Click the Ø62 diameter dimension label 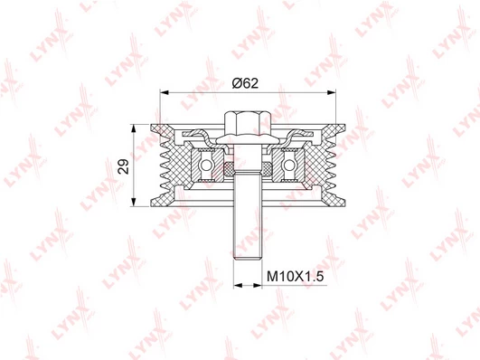pos(245,82)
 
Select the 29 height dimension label pos(124,166)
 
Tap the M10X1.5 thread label pos(295,277)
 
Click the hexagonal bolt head pos(248,124)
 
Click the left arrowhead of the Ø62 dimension pos(165,92)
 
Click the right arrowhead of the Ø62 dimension pos(331,92)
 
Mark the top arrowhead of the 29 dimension pos(134,128)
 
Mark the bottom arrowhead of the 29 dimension pos(134,202)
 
